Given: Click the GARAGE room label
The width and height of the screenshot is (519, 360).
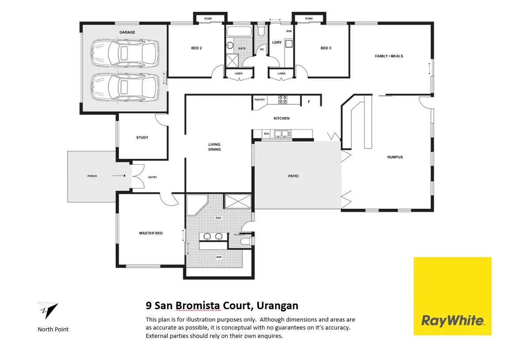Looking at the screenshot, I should coord(127,32).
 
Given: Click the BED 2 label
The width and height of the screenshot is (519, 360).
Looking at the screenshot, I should coord(196,48).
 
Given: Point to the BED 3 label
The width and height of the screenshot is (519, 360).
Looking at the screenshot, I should coord(326,48).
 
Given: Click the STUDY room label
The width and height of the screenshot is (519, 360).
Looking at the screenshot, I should coord(142,137).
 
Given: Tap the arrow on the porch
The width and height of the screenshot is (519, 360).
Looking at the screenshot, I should coord(118,176).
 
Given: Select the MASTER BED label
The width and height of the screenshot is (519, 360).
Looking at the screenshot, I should coord(151,233).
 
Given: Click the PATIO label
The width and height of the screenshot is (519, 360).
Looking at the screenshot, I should coord(293,176).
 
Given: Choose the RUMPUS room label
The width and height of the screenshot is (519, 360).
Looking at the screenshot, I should coord(395,157).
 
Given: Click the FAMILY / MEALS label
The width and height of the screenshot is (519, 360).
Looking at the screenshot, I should coord(389,56).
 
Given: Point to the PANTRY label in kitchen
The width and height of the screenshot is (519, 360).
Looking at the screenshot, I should coord(259,100).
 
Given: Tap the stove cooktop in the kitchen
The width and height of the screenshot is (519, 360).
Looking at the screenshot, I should coord(282,100).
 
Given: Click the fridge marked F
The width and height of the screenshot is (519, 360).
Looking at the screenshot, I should coord(309,102).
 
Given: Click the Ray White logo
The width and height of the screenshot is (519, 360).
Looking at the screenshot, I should coord(452,296).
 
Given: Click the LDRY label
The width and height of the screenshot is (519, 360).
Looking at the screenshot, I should coord(277,42).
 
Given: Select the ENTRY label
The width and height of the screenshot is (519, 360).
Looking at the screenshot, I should coord(153,177).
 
